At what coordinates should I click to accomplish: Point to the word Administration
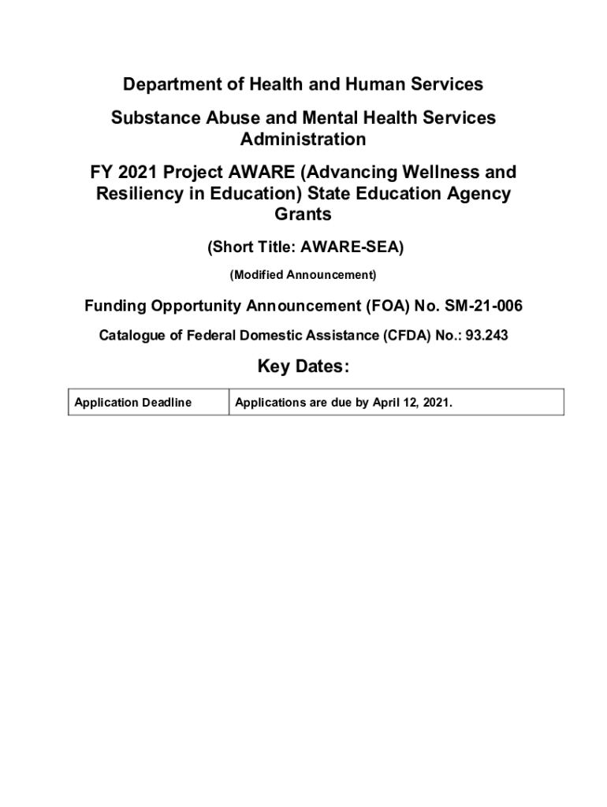click(x=303, y=139)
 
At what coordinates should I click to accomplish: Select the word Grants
click(x=303, y=214)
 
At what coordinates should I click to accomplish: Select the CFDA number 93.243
click(x=487, y=336)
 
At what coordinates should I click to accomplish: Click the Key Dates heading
click(x=303, y=368)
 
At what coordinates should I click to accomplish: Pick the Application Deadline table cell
click(x=133, y=403)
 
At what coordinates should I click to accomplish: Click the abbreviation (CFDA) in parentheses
click(x=409, y=336)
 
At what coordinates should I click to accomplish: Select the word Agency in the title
click(x=479, y=193)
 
